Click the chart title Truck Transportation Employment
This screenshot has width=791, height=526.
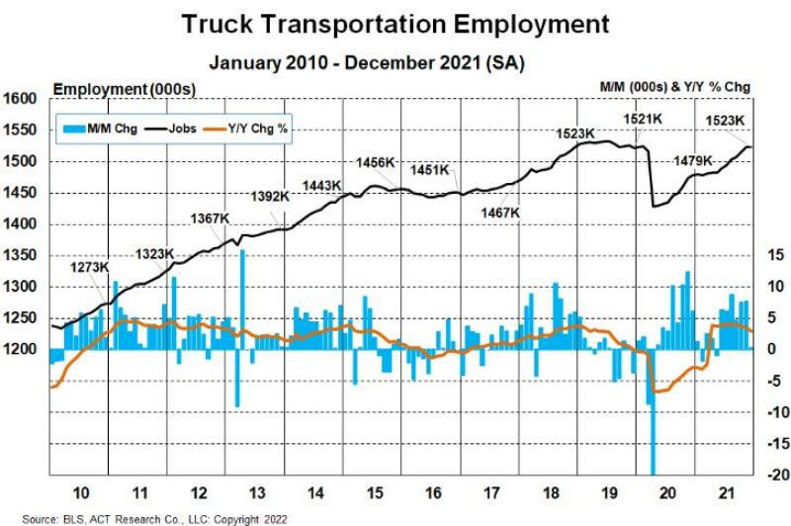pos(395,24)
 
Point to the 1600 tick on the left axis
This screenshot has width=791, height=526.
pos(22,99)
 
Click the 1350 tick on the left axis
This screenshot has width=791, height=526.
pos(22,255)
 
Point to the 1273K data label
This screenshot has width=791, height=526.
pos(90,267)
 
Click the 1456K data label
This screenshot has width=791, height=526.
pos(376,162)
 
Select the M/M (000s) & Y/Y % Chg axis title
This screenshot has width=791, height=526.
pos(675,87)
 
